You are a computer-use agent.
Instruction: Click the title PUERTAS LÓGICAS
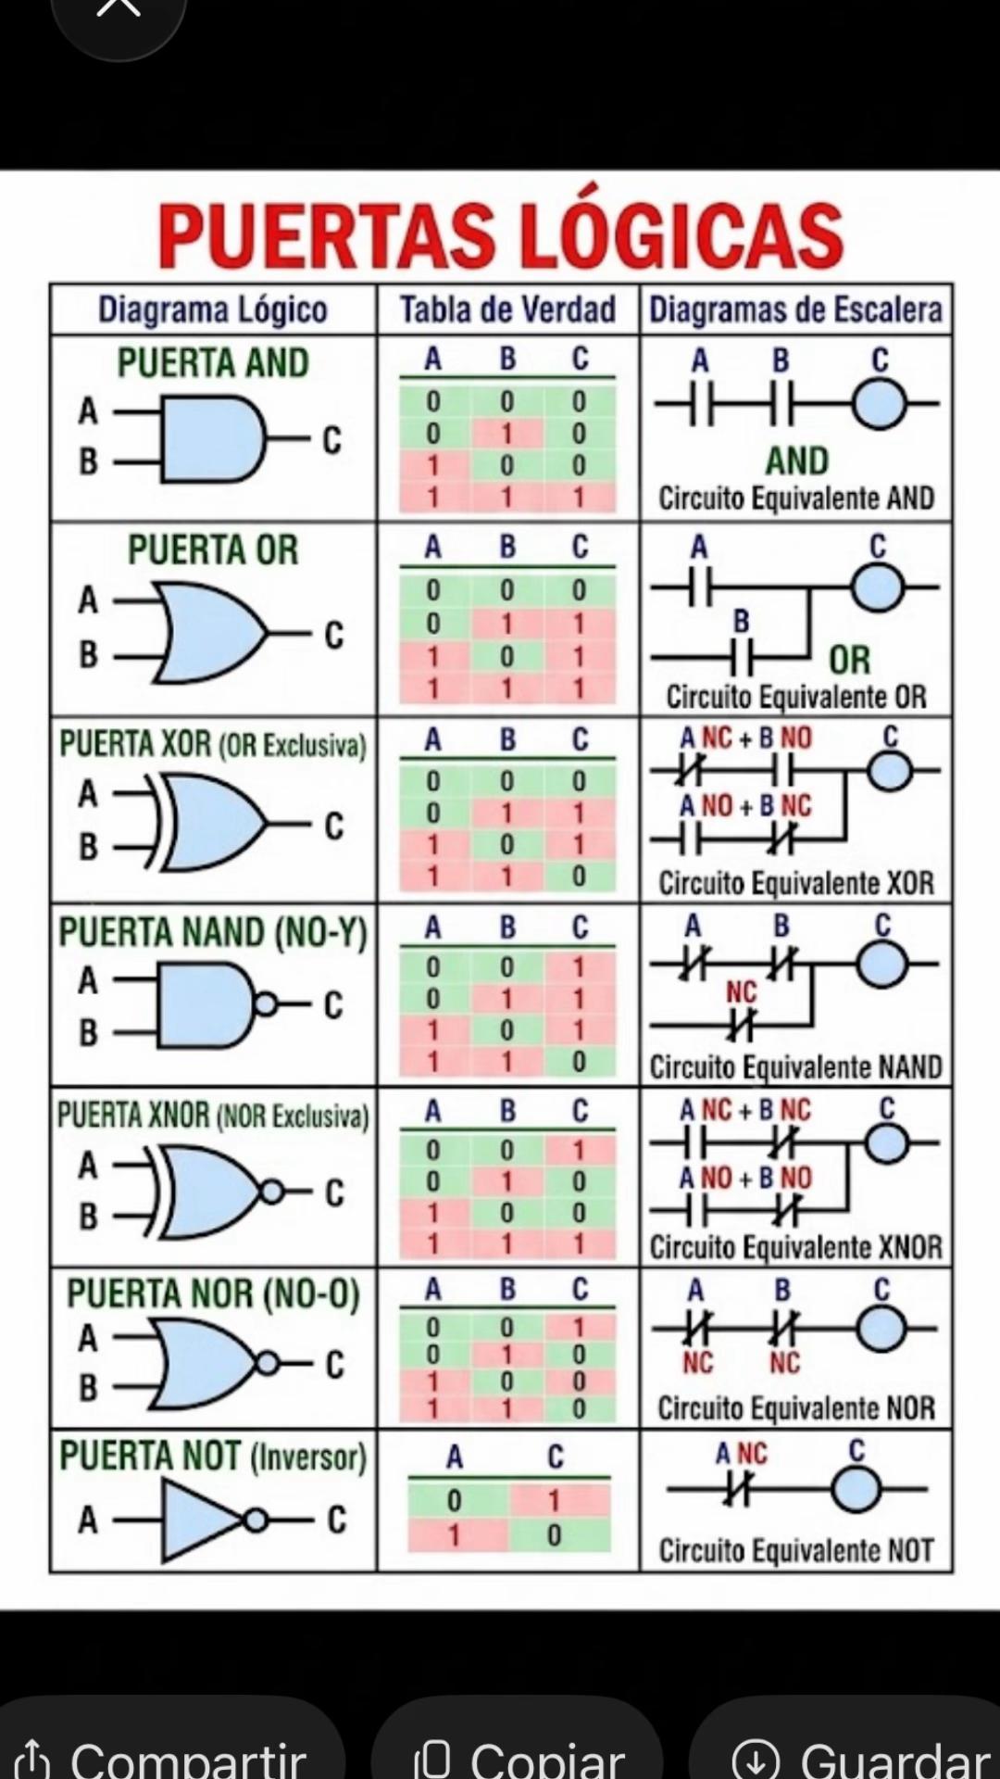pos(501,233)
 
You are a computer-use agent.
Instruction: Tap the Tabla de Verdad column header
pos(507,309)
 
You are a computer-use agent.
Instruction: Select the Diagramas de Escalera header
pos(795,309)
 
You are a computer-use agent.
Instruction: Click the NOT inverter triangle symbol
pos(204,1520)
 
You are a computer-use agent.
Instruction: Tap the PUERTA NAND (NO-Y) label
pos(213,932)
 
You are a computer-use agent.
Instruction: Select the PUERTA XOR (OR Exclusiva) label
pos(213,744)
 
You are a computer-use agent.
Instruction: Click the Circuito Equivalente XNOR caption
pos(795,1247)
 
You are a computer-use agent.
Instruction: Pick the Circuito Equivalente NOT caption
pos(795,1550)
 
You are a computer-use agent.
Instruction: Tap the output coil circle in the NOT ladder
pos(857,1490)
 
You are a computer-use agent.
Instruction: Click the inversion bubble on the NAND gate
pos(265,1004)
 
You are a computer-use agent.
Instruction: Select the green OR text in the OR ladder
pos(850,660)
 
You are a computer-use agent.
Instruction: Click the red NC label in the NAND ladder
pos(741,992)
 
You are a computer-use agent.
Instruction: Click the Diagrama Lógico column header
pos(213,309)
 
